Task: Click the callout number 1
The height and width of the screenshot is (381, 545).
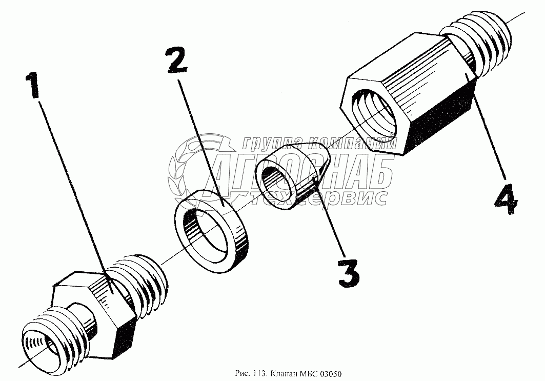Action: [33, 85]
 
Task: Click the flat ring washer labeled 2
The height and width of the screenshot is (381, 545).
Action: [212, 231]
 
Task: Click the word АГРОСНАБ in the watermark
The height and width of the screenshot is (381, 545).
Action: [302, 171]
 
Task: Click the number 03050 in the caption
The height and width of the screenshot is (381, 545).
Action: [331, 374]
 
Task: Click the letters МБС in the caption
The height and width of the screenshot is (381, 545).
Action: [306, 374]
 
